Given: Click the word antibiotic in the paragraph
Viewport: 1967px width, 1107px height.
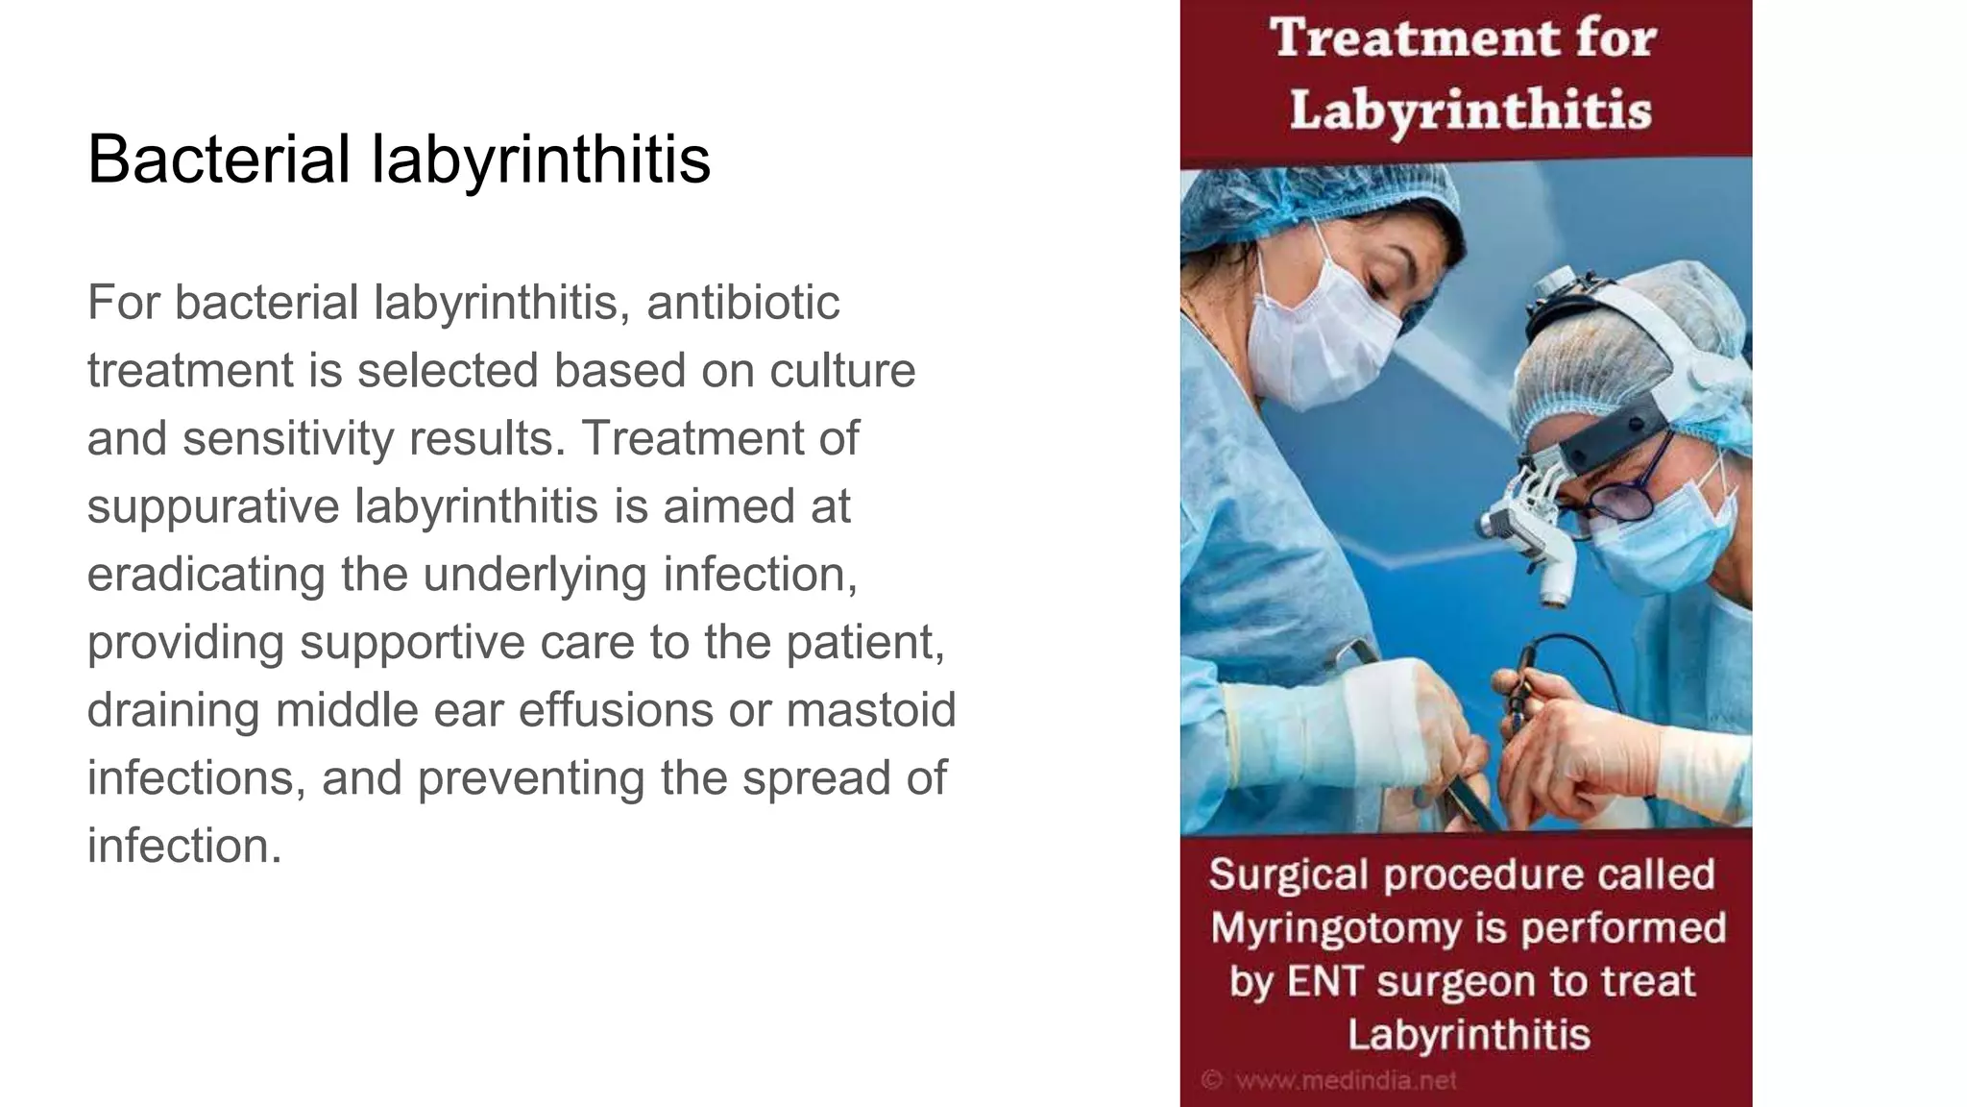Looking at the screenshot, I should tap(742, 303).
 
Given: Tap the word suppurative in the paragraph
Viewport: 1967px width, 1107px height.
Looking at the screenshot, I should tap(213, 506).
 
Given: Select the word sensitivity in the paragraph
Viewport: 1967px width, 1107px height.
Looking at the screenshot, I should tap(288, 438).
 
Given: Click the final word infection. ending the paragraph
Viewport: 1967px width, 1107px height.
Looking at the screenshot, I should tap(184, 847).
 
